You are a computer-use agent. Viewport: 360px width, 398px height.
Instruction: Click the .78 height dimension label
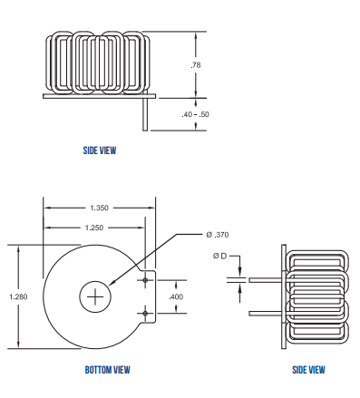[x=195, y=65]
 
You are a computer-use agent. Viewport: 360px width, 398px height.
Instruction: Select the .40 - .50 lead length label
[x=195, y=114]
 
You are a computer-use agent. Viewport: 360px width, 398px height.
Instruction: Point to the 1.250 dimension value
[x=92, y=227]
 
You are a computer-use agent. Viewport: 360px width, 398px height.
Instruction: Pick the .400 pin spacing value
[x=176, y=296]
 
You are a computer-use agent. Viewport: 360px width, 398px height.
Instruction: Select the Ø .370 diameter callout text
[x=217, y=234]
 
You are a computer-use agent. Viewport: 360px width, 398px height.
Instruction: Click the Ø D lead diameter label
[x=220, y=257]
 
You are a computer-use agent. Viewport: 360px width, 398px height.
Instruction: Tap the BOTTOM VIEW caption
[x=107, y=369]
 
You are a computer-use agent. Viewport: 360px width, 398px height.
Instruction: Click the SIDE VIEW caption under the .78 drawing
[x=99, y=150]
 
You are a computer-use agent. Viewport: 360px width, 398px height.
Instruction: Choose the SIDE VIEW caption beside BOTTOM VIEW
[x=308, y=369]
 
